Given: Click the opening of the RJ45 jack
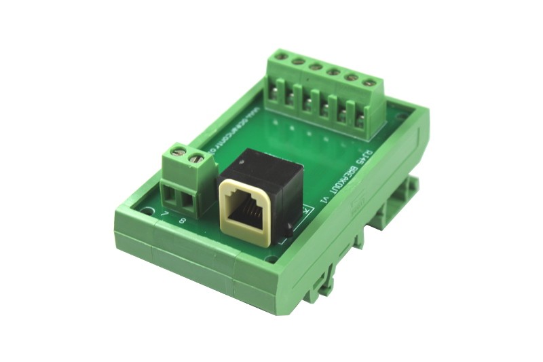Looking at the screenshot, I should pyautogui.click(x=246, y=211).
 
